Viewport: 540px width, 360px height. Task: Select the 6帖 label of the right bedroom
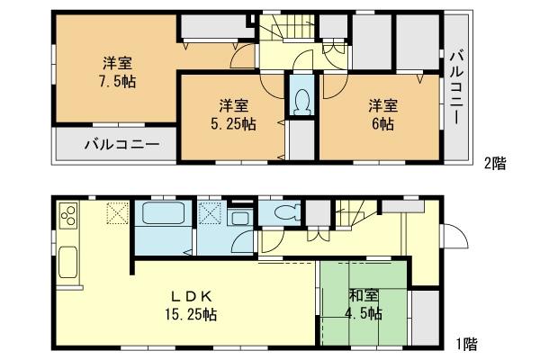379,124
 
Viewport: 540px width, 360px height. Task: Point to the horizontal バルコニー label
122,144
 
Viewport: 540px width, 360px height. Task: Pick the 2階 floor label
494,163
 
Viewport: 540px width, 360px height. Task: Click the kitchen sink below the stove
69,268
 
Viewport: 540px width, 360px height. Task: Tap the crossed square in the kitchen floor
118,213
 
